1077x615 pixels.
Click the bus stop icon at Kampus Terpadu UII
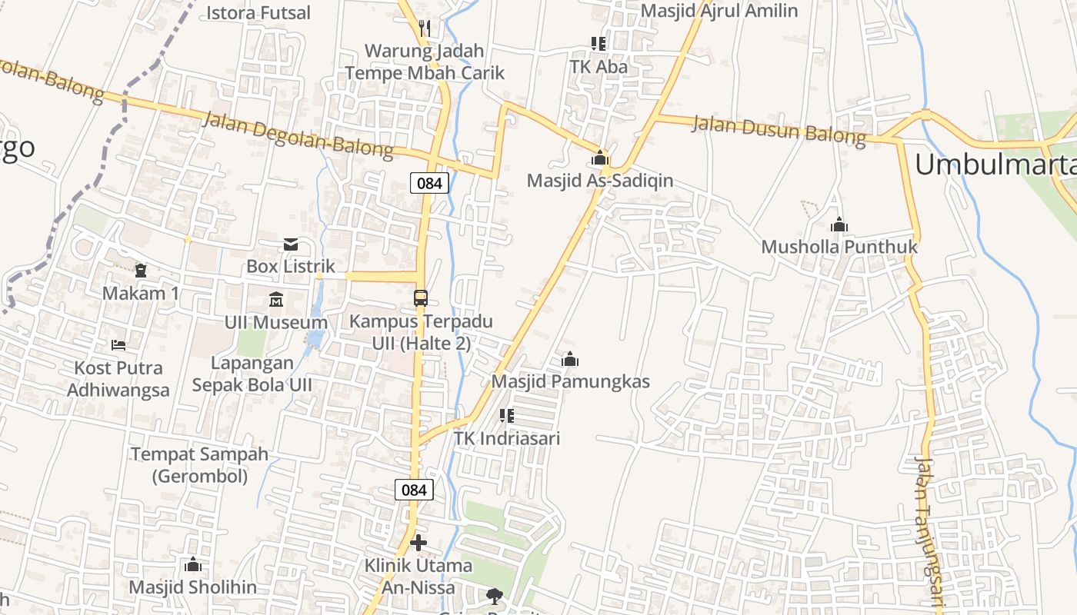click(421, 298)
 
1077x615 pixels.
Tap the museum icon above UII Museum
click(276, 299)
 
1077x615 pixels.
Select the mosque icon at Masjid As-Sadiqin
click(600, 158)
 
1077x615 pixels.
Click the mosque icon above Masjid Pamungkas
click(570, 359)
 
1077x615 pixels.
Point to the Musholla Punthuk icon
click(839, 225)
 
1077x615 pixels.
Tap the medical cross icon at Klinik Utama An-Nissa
click(418, 544)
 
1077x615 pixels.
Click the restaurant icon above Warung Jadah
click(424, 28)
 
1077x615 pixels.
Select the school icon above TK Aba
click(599, 44)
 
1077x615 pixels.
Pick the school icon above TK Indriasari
click(506, 416)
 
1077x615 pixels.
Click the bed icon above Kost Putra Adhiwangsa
click(118, 344)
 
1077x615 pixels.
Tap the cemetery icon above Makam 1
click(141, 271)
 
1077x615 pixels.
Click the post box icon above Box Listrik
click(291, 244)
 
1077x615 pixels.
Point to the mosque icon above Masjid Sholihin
click(193, 565)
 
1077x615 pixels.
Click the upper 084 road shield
click(429, 183)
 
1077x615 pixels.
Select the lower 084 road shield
click(414, 489)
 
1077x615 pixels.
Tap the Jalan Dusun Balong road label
click(779, 129)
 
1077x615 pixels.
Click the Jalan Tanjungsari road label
click(929, 530)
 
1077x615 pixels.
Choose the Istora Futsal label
click(258, 12)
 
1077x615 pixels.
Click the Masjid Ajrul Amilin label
click(719, 11)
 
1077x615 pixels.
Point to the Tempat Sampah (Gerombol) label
click(200, 464)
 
